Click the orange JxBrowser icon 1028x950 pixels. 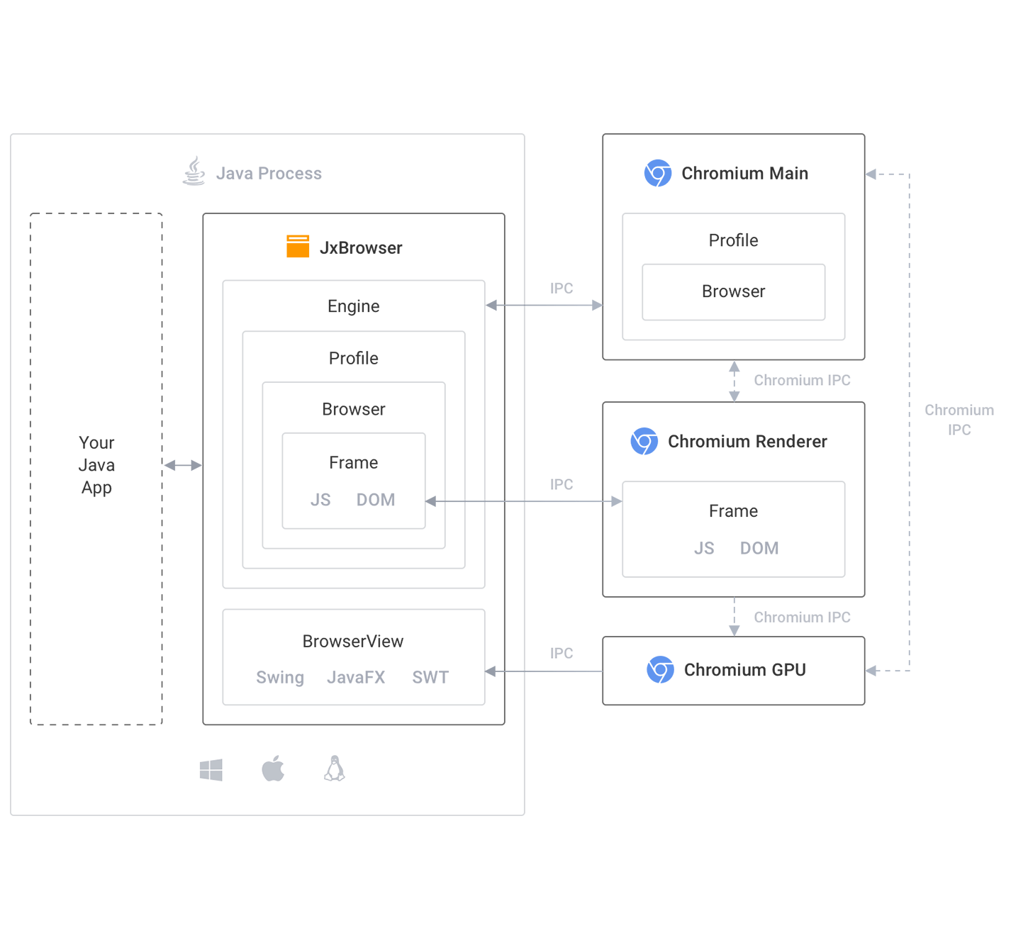pyautogui.click(x=286, y=247)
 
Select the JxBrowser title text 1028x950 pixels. pyautogui.click(x=359, y=247)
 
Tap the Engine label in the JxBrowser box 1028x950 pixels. pyautogui.click(x=354, y=306)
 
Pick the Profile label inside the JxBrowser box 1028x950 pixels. pyautogui.click(x=354, y=357)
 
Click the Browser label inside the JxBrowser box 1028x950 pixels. pyautogui.click(x=354, y=409)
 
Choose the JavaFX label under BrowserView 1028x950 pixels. pyautogui.click(x=357, y=678)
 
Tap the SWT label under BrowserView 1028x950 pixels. pyautogui.click(x=429, y=678)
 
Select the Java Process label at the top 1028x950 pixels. pyautogui.click(x=266, y=172)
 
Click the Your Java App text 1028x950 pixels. pyautogui.click(x=96, y=466)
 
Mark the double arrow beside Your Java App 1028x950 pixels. pyautogui.click(x=182, y=466)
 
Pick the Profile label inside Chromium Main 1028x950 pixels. pyautogui.click(x=733, y=240)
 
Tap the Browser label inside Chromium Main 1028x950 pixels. pyautogui.click(x=733, y=291)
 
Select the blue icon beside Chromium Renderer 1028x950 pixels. pyautogui.click(x=642, y=441)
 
